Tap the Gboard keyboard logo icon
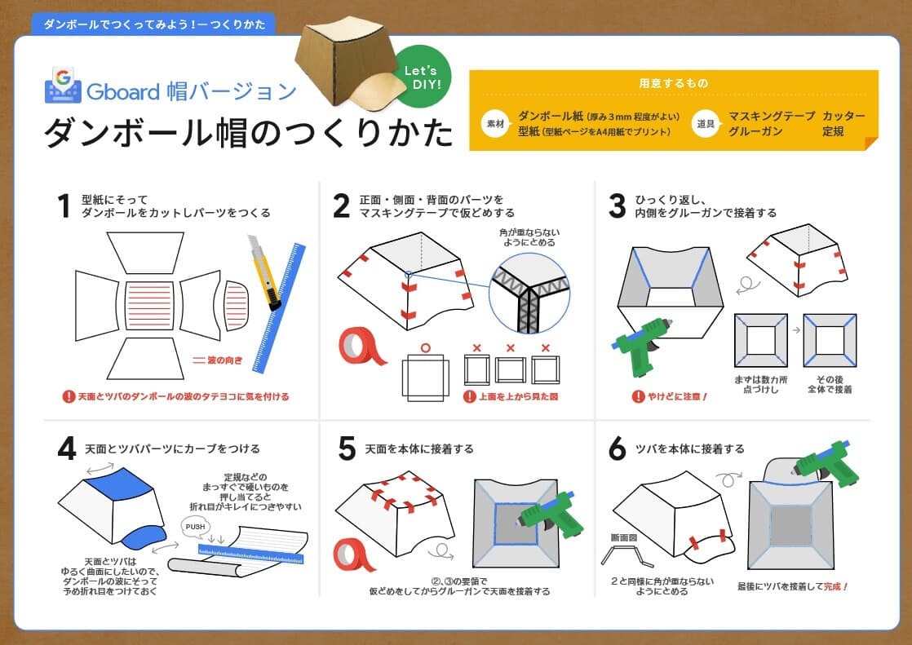tap(62, 85)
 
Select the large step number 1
tap(62, 205)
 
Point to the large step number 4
tap(66, 448)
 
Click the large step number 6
tap(618, 448)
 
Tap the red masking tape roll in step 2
tap(362, 347)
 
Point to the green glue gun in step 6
tap(824, 462)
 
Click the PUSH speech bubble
tap(195, 528)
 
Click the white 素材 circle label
tap(495, 124)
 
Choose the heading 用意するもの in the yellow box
tap(673, 83)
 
